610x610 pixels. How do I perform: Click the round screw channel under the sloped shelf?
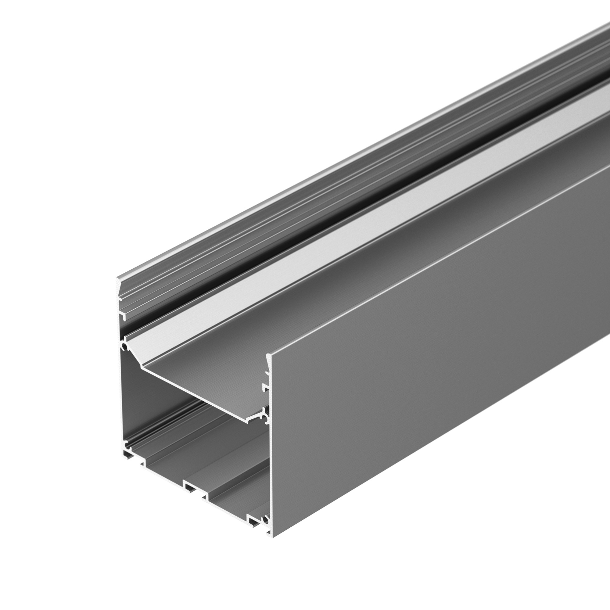[125, 348]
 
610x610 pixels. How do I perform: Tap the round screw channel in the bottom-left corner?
[128, 446]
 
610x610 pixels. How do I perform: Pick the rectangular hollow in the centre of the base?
[189, 488]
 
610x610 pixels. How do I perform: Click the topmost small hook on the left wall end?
[120, 297]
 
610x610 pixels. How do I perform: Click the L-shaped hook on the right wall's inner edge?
[265, 386]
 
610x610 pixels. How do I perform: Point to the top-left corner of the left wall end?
[117, 278]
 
